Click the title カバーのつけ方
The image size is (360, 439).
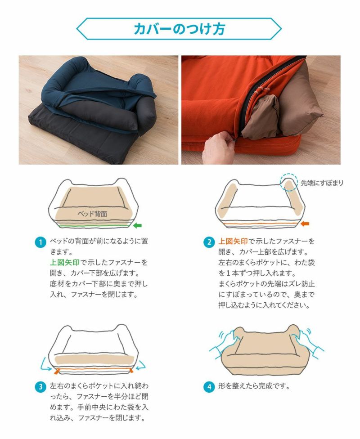click(179, 29)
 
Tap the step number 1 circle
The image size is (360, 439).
click(40, 242)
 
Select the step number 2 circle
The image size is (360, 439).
click(209, 242)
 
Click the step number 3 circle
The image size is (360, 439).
click(40, 387)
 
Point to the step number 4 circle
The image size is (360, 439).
click(209, 387)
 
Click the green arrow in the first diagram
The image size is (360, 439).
click(137, 225)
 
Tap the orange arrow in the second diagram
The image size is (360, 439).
click(305, 224)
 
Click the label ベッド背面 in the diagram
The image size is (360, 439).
click(92, 214)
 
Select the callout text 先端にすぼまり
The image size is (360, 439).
click(322, 183)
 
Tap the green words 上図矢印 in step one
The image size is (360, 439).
click(64, 263)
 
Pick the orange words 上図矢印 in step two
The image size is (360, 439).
click(233, 242)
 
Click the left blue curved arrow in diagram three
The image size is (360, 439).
click(45, 364)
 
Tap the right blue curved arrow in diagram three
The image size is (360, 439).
click(141, 364)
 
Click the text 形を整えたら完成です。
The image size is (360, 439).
click(254, 386)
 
